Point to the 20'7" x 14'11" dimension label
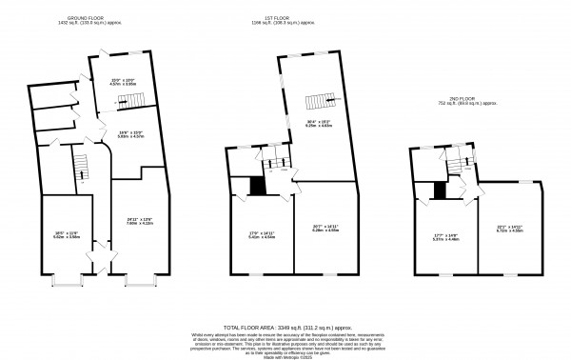[x=325, y=228]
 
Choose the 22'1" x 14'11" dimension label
[x=509, y=228]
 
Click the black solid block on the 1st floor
[x=255, y=187]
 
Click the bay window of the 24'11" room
[x=139, y=281]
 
